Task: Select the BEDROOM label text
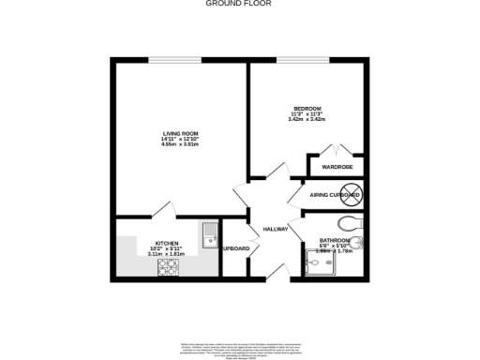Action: coord(307,108)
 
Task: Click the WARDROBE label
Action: coord(336,167)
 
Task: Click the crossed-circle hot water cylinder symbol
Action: coord(351,195)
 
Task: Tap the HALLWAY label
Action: coord(276,229)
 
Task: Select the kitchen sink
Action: coord(207,232)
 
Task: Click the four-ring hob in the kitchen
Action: coord(169,267)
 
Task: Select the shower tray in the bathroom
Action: coord(324,266)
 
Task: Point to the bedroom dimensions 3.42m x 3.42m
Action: coord(307,119)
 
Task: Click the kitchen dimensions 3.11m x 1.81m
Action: coord(167,253)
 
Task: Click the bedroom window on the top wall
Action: coord(302,61)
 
